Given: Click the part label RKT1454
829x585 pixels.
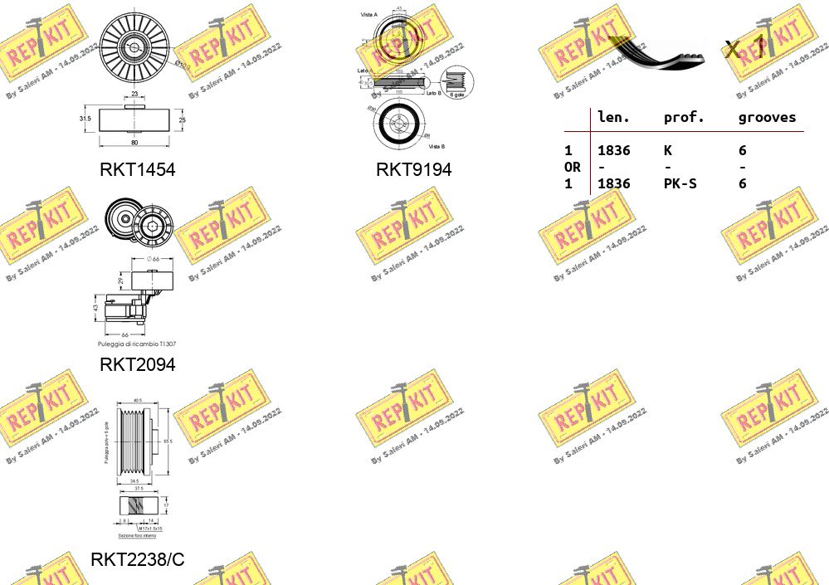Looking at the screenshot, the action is click(138, 170).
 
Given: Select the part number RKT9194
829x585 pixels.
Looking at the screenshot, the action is click(413, 170).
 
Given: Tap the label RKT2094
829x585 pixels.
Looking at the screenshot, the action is click(138, 364).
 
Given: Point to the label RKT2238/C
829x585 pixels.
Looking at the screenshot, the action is click(138, 559).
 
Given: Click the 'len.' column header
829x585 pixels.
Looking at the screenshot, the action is click(613, 118).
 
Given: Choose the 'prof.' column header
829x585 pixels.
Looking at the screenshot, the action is click(683, 118).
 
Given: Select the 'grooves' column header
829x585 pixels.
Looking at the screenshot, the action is click(766, 118).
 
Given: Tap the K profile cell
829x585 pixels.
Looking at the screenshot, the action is click(668, 150).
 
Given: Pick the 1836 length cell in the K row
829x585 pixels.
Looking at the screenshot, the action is click(613, 150).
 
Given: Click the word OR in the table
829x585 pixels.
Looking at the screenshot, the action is click(573, 167).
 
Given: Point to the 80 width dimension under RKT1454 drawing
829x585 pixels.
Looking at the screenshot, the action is click(134, 142).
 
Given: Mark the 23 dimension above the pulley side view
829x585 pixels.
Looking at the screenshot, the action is click(134, 95).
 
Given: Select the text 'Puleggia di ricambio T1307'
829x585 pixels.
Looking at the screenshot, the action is click(137, 344).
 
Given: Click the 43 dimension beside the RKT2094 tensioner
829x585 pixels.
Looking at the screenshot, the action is click(96, 307).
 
